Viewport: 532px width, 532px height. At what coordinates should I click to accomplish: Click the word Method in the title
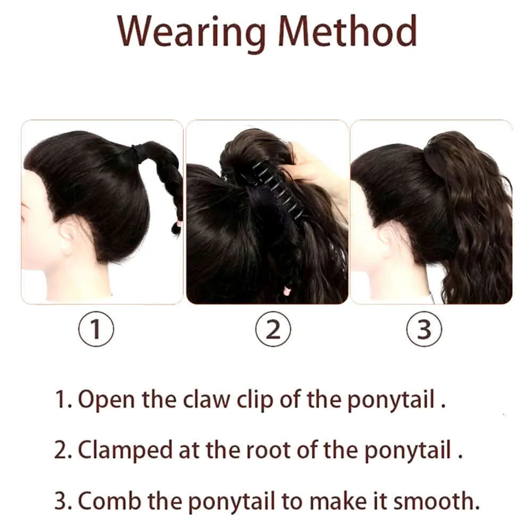[347, 31]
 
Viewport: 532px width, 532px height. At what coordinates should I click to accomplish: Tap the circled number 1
[96, 329]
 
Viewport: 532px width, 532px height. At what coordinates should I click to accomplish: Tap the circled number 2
[273, 329]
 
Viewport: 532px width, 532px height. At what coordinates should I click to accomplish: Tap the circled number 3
[424, 329]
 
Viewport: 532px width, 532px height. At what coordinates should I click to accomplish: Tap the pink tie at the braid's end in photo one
[178, 224]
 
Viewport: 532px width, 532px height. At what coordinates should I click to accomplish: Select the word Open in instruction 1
[106, 400]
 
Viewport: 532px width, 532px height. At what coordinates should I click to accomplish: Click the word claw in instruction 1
[206, 399]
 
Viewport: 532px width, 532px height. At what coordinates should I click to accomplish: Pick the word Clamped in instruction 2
[125, 451]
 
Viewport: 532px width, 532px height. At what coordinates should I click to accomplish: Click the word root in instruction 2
[268, 451]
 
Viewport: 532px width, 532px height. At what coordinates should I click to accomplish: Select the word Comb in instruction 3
[110, 501]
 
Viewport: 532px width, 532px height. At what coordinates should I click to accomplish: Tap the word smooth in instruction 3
[436, 501]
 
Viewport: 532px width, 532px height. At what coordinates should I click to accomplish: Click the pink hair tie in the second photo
[287, 291]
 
